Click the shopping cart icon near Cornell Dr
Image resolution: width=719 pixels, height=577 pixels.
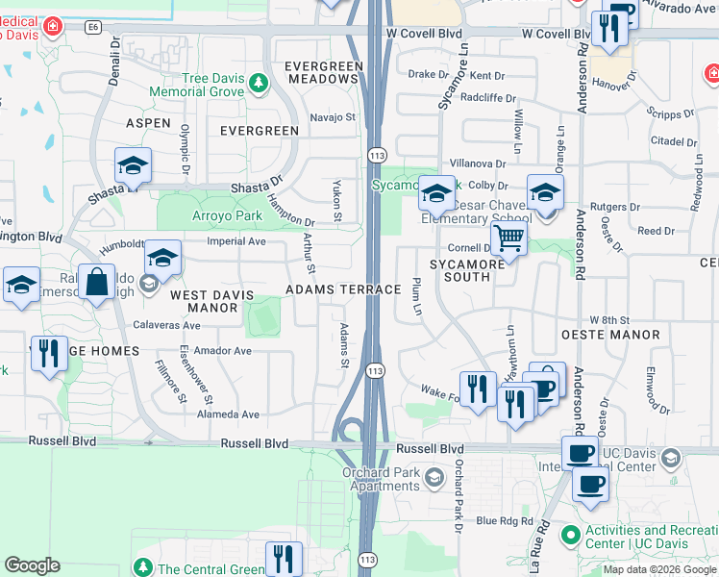pos(508,238)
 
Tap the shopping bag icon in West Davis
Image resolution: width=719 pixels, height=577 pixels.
pos(96,282)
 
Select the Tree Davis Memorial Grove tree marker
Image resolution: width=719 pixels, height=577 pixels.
pos(258,84)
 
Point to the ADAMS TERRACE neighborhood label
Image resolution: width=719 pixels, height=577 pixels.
pos(343,289)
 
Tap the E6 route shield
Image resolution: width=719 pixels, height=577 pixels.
pos(92,28)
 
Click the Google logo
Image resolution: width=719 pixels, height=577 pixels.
pos(33,565)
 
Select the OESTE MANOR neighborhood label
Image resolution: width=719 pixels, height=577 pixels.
pos(611,336)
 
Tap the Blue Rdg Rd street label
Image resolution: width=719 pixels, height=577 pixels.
pos(504,520)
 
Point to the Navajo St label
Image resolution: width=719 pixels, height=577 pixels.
pos(333,117)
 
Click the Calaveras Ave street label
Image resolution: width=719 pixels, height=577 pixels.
pos(166,325)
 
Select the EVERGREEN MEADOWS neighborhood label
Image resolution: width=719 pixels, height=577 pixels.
pos(325,72)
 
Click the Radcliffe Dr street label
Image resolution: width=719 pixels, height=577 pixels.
pos(488,97)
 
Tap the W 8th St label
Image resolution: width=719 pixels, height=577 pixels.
pos(608,319)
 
